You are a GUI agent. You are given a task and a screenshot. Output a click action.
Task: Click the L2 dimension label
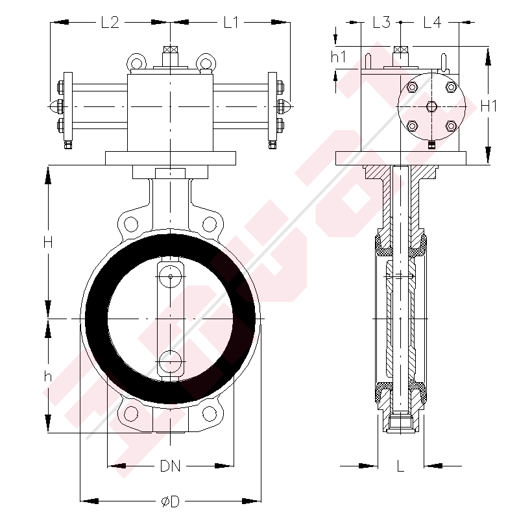110,23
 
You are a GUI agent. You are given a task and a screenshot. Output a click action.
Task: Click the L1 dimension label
232,23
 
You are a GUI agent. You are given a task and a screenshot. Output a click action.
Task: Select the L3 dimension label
381,23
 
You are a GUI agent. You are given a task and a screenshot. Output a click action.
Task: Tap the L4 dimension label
432,23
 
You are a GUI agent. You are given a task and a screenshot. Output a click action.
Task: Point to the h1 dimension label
339,57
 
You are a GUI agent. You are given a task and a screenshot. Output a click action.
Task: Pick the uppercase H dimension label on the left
47,243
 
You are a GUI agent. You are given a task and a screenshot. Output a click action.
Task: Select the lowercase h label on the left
47,376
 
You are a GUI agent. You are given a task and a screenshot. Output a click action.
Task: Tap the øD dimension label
170,501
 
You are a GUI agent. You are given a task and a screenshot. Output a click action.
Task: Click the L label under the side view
400,466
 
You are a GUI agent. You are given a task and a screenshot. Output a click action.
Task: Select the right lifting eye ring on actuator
205,62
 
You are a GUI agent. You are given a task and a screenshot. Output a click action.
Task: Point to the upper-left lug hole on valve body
132,225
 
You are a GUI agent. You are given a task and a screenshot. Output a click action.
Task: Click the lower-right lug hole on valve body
210,413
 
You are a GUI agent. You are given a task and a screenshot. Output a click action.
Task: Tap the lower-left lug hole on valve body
132,413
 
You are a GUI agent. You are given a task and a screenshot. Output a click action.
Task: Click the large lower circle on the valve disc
171,361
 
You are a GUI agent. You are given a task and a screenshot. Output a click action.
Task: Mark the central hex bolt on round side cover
431,106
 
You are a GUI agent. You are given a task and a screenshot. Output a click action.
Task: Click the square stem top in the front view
171,50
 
